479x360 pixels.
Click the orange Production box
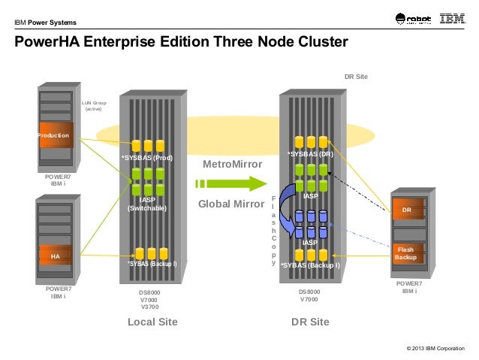(x=55, y=136)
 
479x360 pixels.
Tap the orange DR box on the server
(x=406, y=210)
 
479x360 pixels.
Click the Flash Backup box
(x=405, y=253)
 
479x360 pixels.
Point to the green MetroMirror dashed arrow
(x=230, y=183)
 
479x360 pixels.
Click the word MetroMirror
(x=233, y=164)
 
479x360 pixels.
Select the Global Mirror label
(x=228, y=204)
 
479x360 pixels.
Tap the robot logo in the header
(x=410, y=20)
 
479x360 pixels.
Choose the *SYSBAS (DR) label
(x=310, y=153)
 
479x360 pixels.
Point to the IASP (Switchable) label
(x=147, y=204)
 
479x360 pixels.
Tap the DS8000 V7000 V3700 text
(x=149, y=299)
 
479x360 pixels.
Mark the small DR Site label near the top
(x=357, y=77)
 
